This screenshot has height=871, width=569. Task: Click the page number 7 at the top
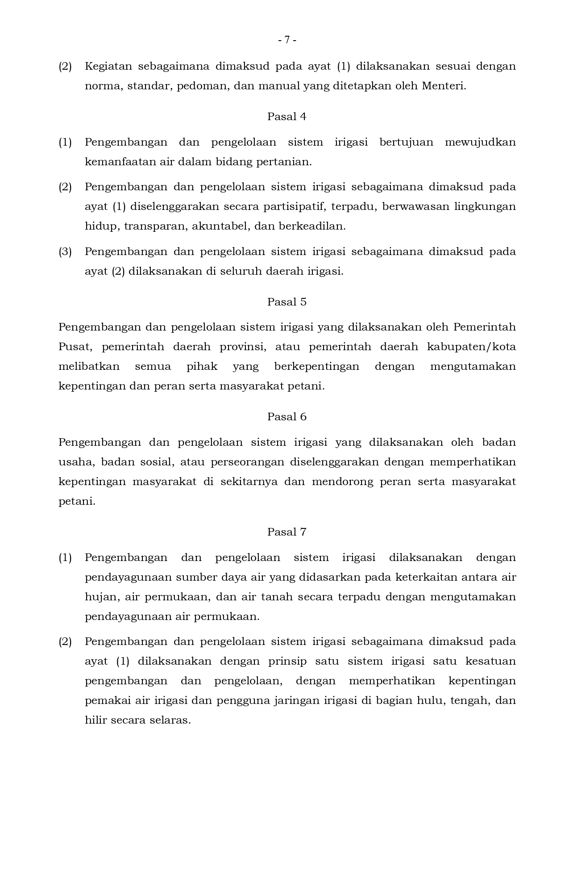287,40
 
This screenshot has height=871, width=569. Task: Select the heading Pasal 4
287,117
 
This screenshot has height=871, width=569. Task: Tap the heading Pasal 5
287,302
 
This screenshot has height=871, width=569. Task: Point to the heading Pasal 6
287,417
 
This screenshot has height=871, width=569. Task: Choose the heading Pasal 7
287,532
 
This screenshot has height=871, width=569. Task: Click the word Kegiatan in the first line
108,67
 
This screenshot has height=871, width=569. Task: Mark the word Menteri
444,86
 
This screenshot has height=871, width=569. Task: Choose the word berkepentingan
316,367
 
